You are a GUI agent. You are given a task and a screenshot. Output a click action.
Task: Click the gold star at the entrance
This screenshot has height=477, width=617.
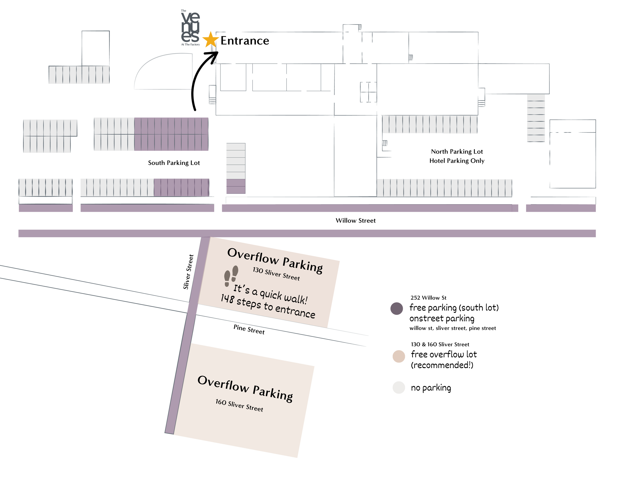(211, 40)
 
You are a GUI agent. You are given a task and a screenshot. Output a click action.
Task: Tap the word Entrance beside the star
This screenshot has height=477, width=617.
(245, 41)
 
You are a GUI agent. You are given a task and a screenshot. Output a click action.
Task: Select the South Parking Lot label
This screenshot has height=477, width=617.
(174, 163)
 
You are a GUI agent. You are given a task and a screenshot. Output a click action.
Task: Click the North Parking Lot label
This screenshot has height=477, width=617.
(457, 151)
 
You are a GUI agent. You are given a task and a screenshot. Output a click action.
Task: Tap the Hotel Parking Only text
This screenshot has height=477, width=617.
(457, 161)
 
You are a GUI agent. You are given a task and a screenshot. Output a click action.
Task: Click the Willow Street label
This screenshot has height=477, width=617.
(355, 220)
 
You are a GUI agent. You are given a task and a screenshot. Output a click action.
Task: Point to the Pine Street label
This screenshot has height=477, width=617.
(249, 330)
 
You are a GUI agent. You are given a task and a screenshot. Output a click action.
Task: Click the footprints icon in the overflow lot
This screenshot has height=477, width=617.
(231, 276)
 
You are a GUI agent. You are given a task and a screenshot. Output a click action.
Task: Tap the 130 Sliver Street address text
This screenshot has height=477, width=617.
(276, 274)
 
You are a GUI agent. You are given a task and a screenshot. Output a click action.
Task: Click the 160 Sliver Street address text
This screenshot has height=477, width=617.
(239, 405)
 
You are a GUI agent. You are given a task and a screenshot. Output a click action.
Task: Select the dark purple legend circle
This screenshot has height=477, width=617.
(397, 308)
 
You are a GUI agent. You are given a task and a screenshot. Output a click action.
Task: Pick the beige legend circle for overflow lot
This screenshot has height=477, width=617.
(399, 356)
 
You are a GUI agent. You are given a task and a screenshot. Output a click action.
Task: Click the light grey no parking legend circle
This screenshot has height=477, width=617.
(399, 387)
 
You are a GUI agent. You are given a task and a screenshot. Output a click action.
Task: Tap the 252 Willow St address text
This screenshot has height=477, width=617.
(428, 298)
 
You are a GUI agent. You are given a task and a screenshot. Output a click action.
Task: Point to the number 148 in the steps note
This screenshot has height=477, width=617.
(227, 298)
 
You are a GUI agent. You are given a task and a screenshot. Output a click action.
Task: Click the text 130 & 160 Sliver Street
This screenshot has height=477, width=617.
(440, 344)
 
